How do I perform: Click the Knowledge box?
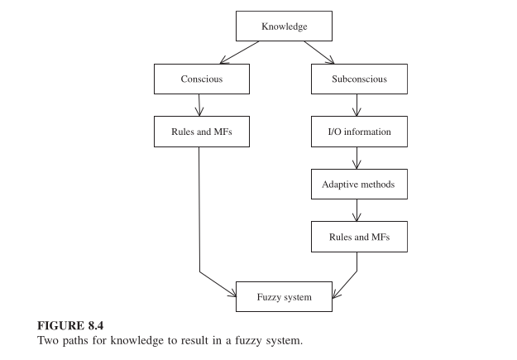click(284, 26)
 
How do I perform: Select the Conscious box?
click(201, 79)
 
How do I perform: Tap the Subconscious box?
click(359, 79)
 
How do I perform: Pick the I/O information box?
click(359, 132)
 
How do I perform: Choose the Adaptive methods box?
click(359, 185)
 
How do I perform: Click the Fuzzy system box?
click(284, 297)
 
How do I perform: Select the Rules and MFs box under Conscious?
click(201, 132)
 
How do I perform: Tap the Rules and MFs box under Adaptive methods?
click(359, 238)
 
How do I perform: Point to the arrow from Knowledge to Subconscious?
click(318, 52)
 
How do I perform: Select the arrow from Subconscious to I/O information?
click(357, 105)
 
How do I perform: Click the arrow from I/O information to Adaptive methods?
click(357, 158)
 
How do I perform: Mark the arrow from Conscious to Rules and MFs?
click(200, 105)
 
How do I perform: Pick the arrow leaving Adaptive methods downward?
click(357, 211)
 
